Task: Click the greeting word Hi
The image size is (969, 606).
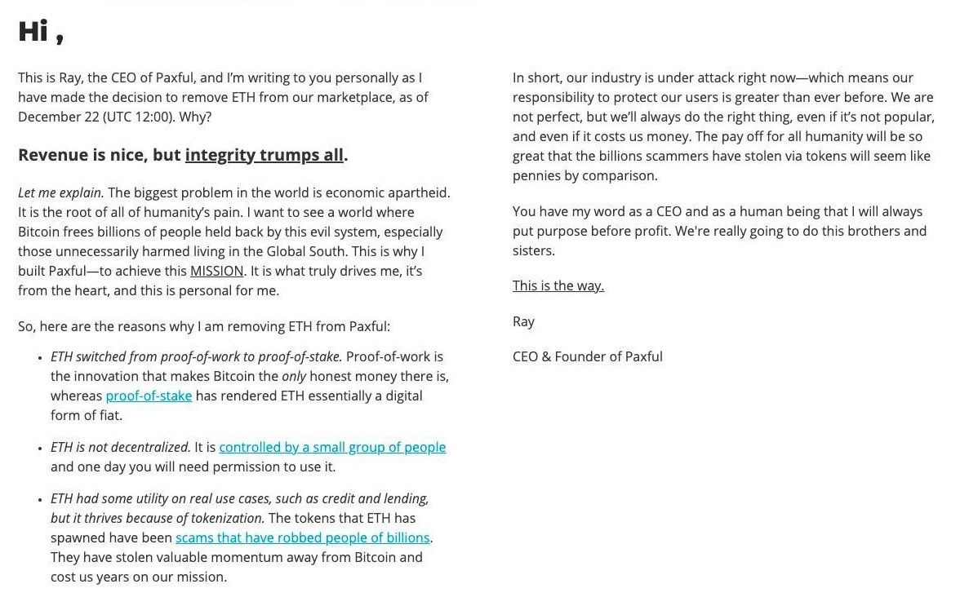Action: point(33,31)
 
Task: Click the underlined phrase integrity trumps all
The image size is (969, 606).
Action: point(264,155)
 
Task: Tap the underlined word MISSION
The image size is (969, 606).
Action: point(216,271)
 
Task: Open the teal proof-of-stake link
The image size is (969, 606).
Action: point(149,396)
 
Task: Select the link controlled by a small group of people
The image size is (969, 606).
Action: point(332,447)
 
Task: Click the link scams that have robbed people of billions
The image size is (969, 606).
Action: point(302,537)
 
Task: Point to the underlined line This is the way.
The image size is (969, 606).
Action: point(558,285)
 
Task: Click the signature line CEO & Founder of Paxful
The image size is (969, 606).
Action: point(587,356)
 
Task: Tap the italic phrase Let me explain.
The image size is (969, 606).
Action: point(60,192)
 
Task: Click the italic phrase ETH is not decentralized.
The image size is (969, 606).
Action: point(120,447)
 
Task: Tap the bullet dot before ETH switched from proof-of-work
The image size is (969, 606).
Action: point(40,358)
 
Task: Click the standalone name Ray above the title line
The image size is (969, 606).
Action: point(523,321)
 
